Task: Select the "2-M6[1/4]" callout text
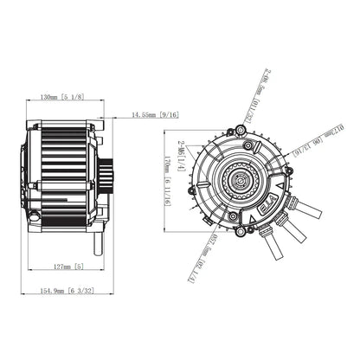pyautogui.click(x=181, y=156)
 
